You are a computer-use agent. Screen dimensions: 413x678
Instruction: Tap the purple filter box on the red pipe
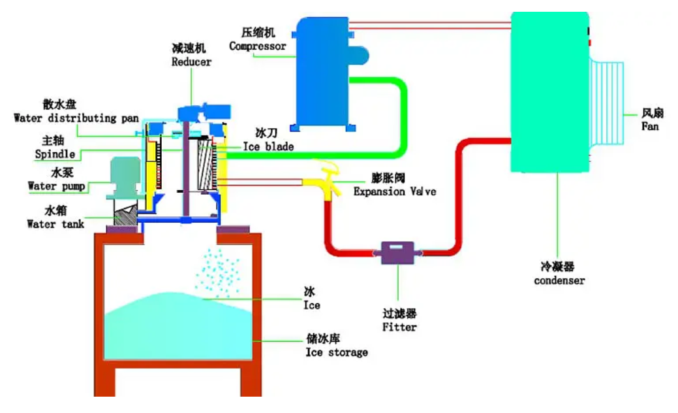click(397, 252)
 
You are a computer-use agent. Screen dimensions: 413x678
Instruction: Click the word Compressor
click(258, 46)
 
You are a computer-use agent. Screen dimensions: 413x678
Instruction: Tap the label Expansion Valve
click(394, 191)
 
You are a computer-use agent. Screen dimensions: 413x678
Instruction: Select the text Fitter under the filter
click(399, 327)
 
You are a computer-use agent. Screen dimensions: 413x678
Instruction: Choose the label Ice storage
click(337, 352)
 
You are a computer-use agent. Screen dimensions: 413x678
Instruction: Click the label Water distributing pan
click(76, 118)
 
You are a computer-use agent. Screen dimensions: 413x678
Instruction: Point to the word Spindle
click(55, 155)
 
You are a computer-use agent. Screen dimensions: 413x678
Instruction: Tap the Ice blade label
click(268, 147)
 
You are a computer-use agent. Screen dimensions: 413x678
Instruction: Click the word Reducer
click(192, 62)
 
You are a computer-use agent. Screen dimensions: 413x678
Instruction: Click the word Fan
click(650, 126)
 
